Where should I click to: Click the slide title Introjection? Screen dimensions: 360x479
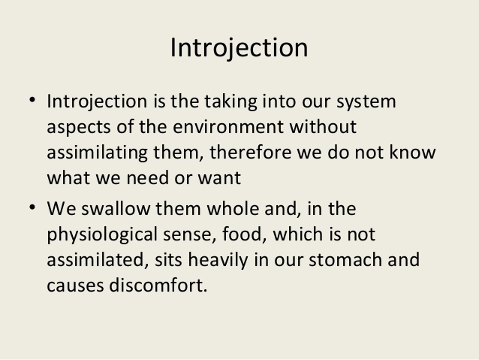pos(239,48)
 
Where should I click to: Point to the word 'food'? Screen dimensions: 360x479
pos(243,234)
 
